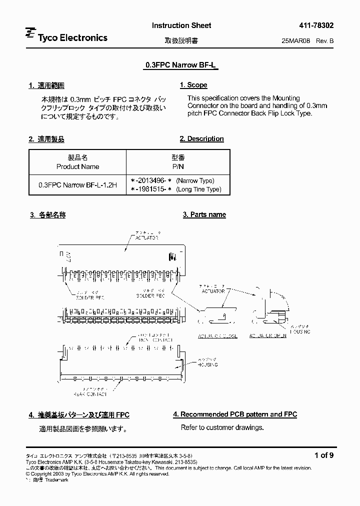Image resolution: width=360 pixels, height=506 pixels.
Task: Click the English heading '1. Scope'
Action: point(193,85)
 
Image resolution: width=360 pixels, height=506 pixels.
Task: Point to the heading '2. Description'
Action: point(202,139)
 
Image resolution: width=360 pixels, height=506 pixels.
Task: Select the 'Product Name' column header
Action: point(77,167)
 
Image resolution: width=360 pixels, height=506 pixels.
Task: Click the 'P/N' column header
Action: point(178,167)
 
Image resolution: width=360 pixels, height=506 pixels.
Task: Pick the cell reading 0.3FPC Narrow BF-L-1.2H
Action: point(77,185)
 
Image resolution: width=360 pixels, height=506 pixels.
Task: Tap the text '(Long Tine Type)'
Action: point(199,189)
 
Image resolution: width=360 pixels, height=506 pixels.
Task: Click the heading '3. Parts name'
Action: point(204,214)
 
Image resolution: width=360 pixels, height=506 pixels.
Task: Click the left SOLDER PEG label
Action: point(90,297)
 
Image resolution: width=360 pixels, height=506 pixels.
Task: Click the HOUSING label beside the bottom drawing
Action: point(206,365)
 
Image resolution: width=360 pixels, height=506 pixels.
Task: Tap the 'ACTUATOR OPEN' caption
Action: point(268,335)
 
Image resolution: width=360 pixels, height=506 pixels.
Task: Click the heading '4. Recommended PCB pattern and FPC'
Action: point(235,414)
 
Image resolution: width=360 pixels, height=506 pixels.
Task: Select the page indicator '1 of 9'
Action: point(324,455)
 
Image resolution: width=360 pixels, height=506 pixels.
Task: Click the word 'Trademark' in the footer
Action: point(57,479)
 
